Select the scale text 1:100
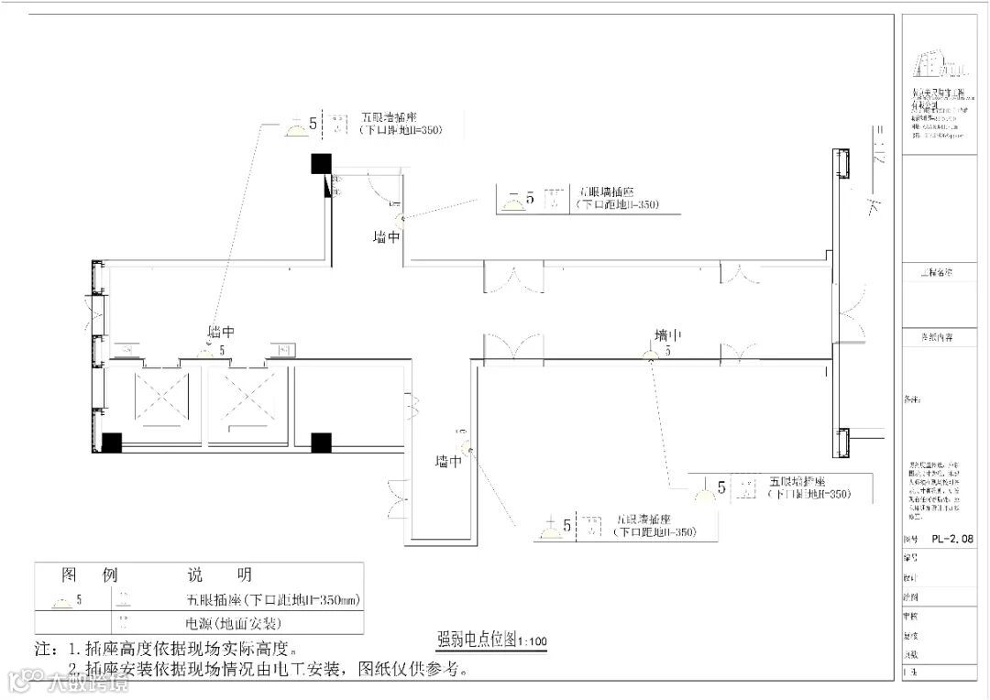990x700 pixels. pos(533,640)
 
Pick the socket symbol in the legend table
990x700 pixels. pos(62,601)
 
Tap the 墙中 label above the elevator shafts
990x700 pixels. pos(221,332)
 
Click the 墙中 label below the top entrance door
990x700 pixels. pos(387,236)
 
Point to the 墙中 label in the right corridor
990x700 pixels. pos(667,334)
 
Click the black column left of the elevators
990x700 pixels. pos(111,443)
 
